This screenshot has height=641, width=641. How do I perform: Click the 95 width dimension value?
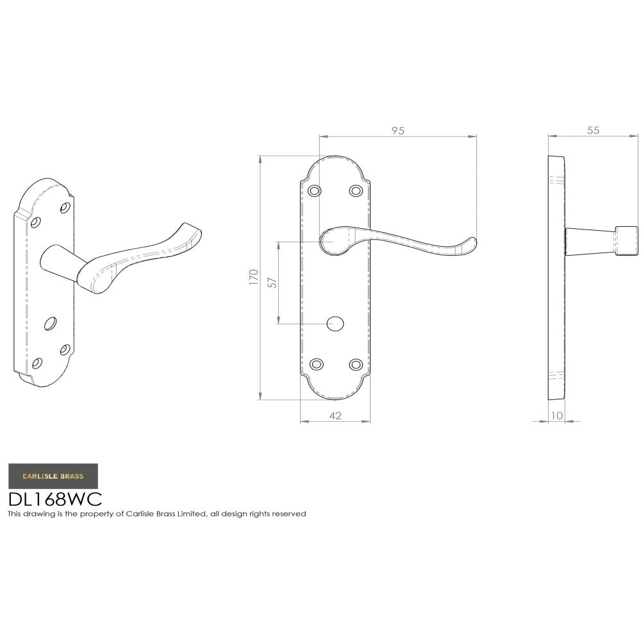coord(397,130)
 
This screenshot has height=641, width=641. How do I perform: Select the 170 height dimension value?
coord(254,277)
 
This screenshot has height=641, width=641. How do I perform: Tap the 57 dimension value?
coord(272,282)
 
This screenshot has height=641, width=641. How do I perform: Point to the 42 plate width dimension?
coord(335,415)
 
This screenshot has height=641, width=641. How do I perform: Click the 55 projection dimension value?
coord(593,130)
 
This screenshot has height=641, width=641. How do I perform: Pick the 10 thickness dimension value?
coord(556,415)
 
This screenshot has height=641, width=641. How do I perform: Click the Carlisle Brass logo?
coord(53,476)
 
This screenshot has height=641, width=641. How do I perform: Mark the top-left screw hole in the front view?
coord(314,190)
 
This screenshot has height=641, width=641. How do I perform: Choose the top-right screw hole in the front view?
coord(356,190)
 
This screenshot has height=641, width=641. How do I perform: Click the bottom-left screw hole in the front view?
coord(316,364)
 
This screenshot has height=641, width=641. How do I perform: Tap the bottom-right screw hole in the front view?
coord(356,364)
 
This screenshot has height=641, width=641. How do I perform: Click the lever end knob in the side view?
coord(626,240)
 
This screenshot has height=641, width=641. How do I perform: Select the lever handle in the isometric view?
coord(141,256)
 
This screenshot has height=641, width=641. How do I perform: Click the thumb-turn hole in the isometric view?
coord(50,324)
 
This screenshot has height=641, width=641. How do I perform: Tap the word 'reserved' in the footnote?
coord(290,513)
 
